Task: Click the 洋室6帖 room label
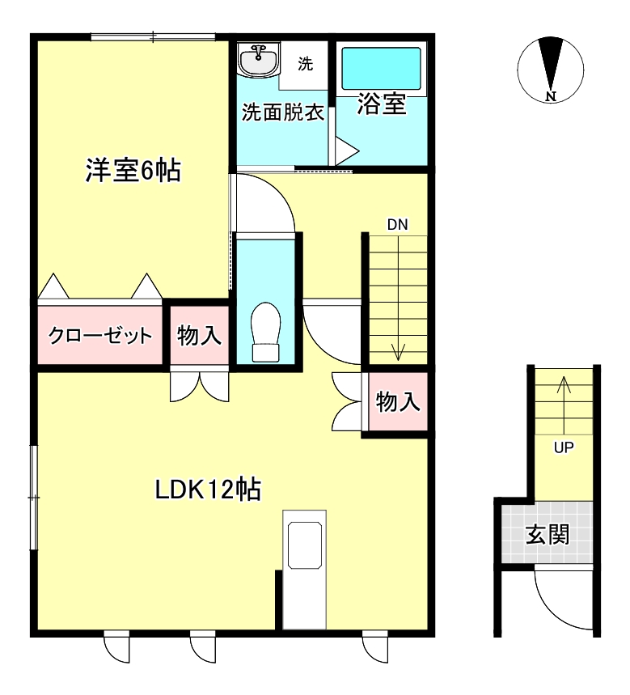133,172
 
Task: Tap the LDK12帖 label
208,489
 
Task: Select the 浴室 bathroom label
381,104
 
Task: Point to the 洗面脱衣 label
283,112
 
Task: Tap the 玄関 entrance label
548,535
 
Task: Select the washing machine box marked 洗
304,64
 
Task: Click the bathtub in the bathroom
380,68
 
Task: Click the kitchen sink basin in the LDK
305,545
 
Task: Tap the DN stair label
396,224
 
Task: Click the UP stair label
563,447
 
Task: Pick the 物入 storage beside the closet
199,335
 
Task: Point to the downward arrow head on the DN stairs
398,354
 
